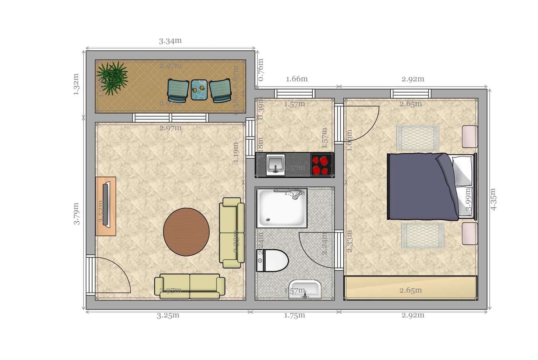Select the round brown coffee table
[186, 232]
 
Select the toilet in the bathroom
[273, 260]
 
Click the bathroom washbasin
[305, 289]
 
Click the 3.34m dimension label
[170, 41]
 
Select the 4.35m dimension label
[493, 199]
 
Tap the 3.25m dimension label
[168, 316]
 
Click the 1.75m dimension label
[295, 316]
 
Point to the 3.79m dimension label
[77, 213]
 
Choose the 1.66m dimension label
[297, 79]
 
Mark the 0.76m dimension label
[261, 70]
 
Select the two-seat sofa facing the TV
[232, 233]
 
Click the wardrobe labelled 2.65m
[410, 288]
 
